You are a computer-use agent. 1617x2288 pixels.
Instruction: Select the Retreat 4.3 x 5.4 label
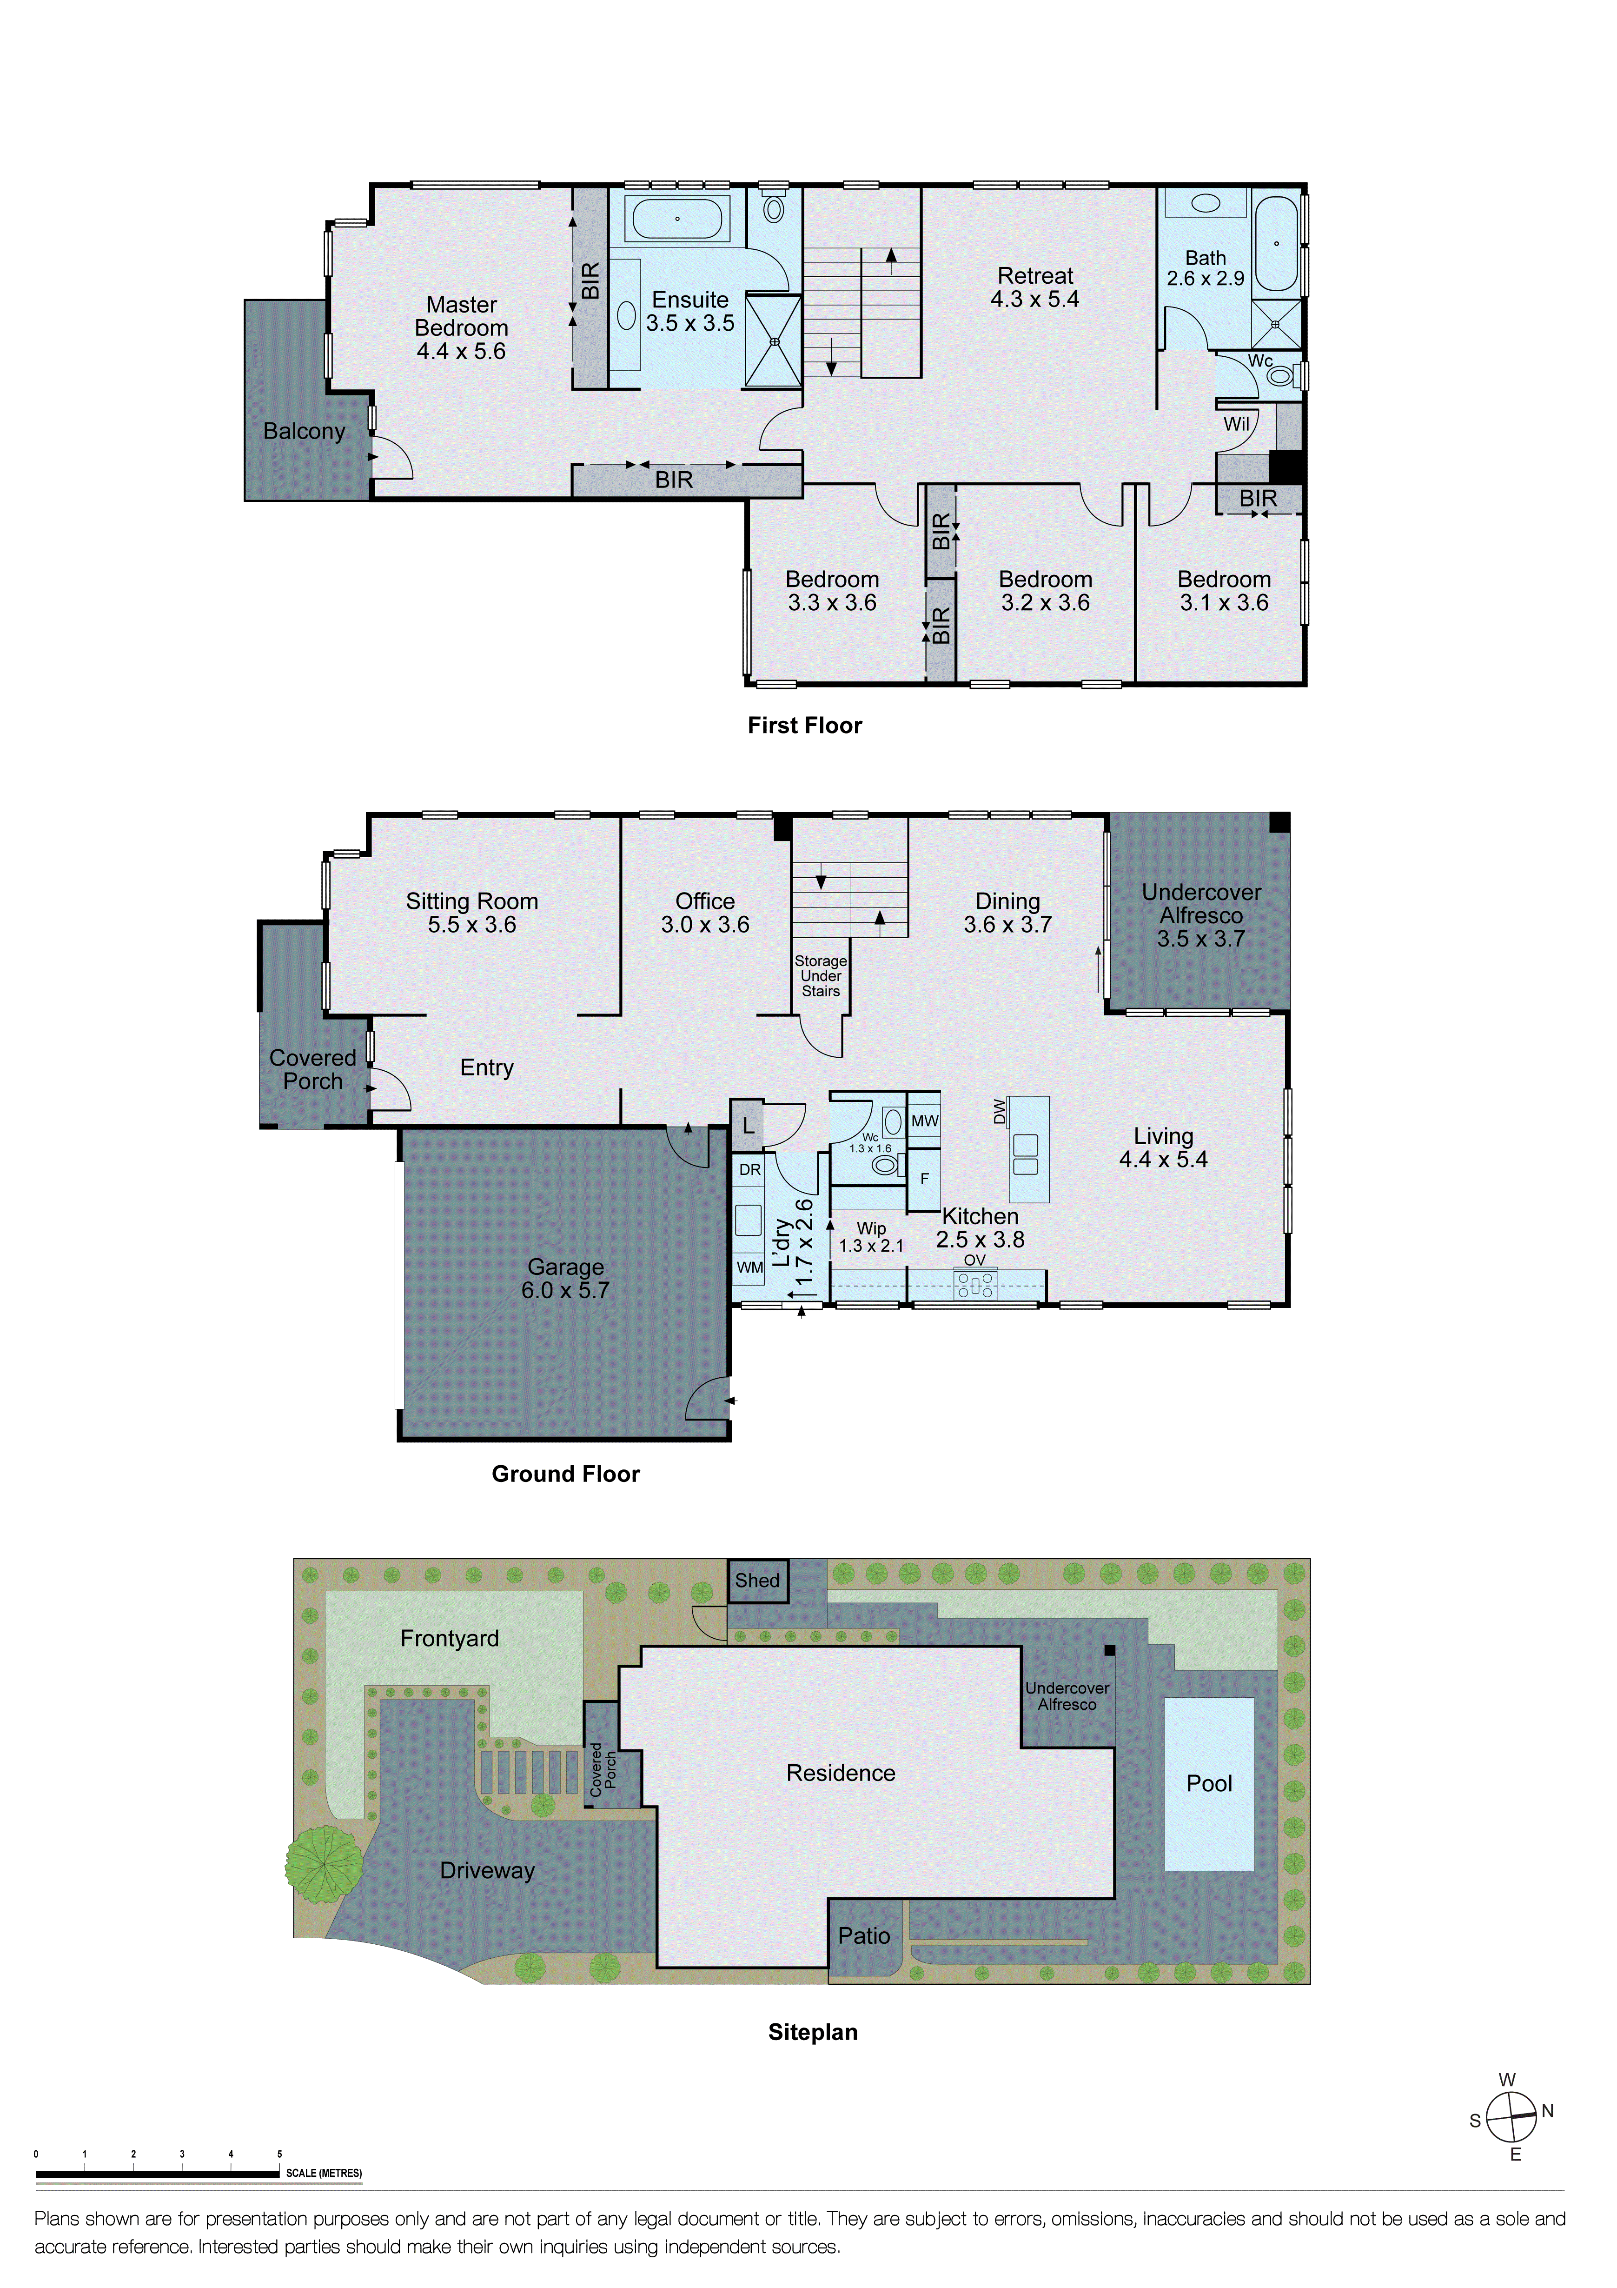pyautogui.click(x=1034, y=287)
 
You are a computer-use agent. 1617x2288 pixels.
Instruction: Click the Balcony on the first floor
pyautogui.click(x=304, y=431)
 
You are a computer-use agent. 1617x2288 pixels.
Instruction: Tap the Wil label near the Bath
pyautogui.click(x=1235, y=424)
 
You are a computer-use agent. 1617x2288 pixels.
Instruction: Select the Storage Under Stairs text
pyautogui.click(x=820, y=975)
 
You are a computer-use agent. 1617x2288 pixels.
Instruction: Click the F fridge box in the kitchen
pyautogui.click(x=924, y=1178)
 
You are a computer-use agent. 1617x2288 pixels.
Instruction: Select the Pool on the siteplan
pyautogui.click(x=1208, y=1783)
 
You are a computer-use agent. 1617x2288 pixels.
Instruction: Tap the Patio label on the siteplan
pyautogui.click(x=863, y=1935)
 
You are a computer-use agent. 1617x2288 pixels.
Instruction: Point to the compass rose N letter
pyautogui.click(x=1547, y=2111)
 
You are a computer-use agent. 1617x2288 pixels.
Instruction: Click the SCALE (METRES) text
pyautogui.click(x=324, y=2172)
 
